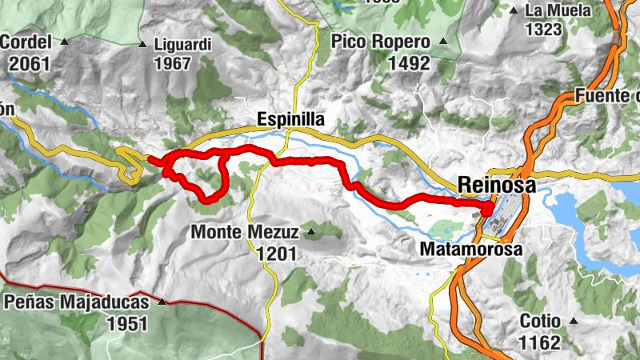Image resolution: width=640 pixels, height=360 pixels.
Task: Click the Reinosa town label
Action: (496, 185)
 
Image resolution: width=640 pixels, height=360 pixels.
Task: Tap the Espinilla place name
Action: (290, 119)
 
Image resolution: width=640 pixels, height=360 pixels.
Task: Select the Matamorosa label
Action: (471, 250)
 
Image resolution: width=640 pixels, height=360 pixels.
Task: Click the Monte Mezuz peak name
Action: (245, 233)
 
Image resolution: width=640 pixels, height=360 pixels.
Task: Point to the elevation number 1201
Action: (277, 254)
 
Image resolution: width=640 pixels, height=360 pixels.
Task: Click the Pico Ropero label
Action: (381, 42)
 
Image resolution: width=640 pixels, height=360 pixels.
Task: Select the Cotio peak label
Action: (539, 321)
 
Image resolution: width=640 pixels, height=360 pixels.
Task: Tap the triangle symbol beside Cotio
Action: (574, 321)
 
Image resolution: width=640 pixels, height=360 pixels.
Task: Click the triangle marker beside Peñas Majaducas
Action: (162, 302)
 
